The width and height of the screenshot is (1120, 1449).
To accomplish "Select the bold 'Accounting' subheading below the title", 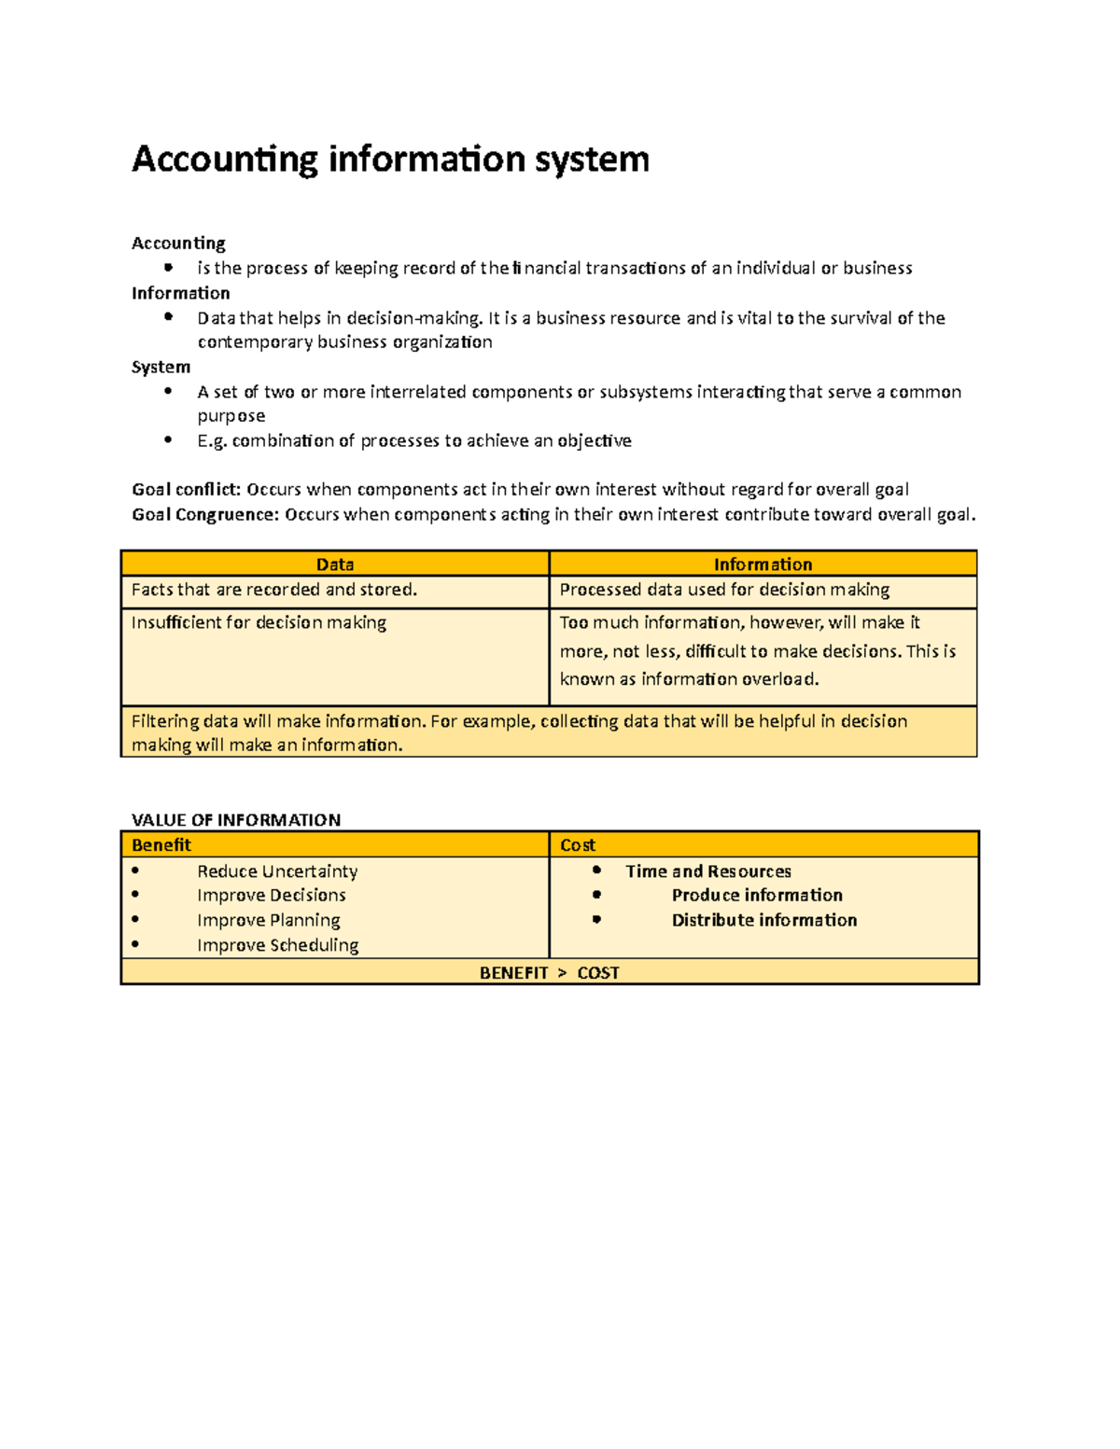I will click(178, 244).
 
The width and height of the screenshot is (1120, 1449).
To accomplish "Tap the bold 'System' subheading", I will click(161, 367).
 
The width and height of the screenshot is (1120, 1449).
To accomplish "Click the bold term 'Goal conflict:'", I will click(187, 490).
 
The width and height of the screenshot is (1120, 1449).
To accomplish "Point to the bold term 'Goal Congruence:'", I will click(205, 514).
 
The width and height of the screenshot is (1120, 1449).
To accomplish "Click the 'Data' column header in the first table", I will click(334, 564).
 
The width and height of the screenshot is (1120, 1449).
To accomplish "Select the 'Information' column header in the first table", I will click(763, 564).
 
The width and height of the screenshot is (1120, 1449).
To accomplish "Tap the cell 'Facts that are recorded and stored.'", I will click(274, 590).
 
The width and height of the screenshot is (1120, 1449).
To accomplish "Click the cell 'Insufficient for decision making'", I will click(259, 622).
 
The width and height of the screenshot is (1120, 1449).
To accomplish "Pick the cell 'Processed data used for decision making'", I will click(724, 590).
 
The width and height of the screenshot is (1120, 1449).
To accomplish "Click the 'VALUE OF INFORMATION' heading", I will click(236, 820).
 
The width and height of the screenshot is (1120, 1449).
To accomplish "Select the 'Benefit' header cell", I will click(161, 845).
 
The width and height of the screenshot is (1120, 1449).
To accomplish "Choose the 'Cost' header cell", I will click(578, 845).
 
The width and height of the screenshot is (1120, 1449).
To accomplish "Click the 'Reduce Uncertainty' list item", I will click(277, 871).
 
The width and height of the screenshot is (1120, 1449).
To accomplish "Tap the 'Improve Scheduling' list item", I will click(277, 945).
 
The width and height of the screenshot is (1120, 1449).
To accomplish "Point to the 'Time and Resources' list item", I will click(708, 871).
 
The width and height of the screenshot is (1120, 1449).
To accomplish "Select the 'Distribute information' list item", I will click(764, 920).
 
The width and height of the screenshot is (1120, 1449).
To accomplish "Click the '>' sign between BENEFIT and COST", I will click(562, 973).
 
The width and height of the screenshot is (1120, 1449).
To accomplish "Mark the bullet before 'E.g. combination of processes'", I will click(168, 439).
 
